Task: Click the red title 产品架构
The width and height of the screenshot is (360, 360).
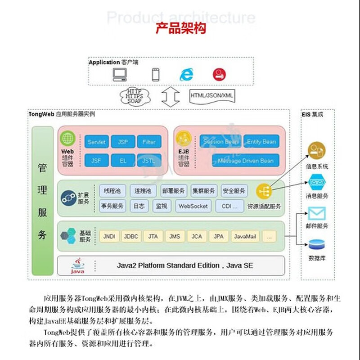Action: [180, 28]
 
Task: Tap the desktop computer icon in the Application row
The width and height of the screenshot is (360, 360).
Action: [120, 75]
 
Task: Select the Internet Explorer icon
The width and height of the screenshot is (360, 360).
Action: [186, 74]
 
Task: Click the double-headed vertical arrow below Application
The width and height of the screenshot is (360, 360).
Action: [171, 96]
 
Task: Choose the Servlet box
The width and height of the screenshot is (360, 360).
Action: [97, 142]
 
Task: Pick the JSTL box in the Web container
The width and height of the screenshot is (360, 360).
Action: [148, 160]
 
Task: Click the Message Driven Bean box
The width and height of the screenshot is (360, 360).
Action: [246, 161]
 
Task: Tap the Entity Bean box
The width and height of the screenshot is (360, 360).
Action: [261, 142]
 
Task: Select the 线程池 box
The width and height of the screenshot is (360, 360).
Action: [112, 191]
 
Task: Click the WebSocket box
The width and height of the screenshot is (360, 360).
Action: [193, 206]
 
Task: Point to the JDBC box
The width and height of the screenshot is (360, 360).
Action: [131, 236]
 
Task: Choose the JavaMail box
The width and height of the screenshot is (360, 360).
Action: [246, 236]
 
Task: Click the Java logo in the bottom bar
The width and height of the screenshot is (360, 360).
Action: [77, 265]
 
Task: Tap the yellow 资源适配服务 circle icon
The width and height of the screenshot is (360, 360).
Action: [264, 191]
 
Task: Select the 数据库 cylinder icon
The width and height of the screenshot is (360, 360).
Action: [316, 245]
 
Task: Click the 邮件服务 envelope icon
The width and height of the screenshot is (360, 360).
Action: [316, 213]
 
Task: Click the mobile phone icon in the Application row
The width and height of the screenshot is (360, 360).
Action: [156, 74]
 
